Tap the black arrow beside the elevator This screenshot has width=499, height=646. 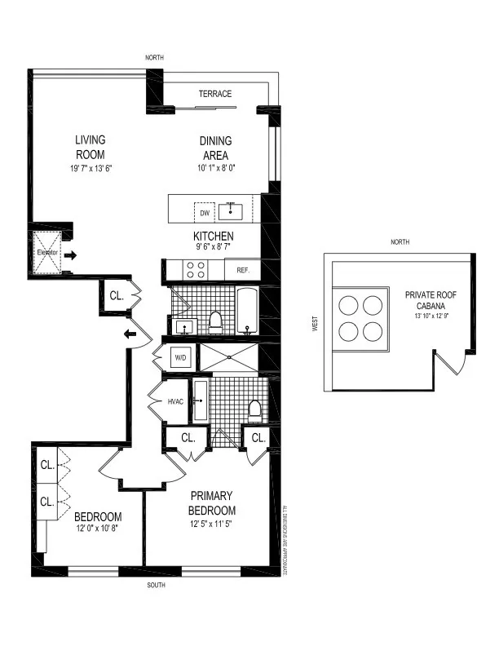71,255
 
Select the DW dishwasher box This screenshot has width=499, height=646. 205,214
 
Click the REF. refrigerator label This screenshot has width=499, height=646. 243,270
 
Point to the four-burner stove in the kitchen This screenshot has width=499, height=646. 197,270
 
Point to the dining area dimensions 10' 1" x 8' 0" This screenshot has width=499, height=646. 214,169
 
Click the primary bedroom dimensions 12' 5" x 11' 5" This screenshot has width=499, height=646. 212,512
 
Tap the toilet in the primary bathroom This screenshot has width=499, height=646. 254,409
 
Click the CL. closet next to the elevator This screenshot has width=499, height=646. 116,297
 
